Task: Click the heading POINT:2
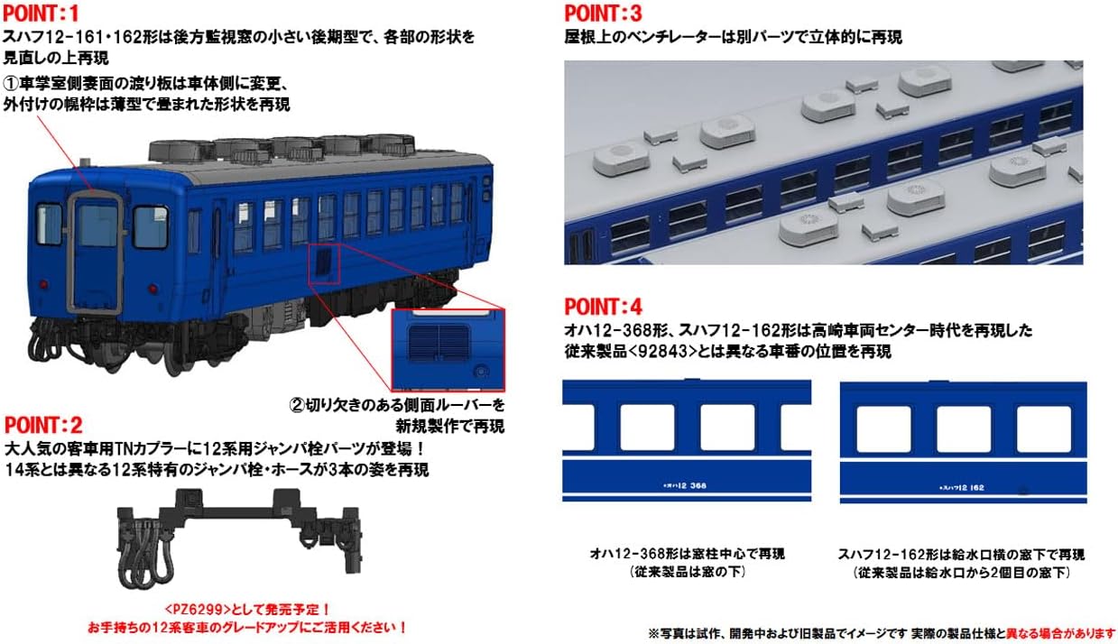pos(44,425)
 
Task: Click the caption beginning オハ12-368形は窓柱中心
pos(687,554)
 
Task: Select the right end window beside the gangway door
pos(150,226)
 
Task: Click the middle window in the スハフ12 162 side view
pos(963,428)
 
